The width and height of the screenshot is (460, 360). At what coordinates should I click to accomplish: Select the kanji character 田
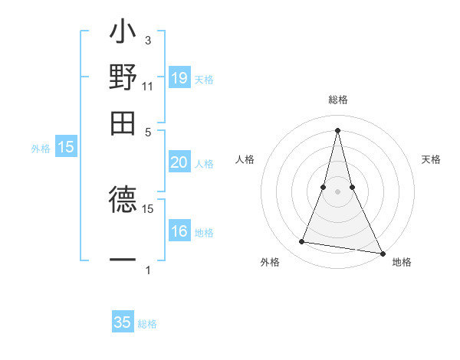click(123, 122)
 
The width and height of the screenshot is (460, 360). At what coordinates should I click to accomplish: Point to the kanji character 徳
click(123, 200)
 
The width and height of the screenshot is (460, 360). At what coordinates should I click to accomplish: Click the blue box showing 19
click(179, 77)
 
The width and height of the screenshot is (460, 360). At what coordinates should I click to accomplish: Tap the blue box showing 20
click(179, 162)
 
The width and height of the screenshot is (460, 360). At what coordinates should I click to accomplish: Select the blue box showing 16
click(179, 232)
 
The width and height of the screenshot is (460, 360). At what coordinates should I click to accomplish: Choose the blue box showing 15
click(66, 147)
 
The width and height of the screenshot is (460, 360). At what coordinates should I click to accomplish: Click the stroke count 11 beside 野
click(147, 87)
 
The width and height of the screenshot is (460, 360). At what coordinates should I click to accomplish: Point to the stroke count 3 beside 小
click(147, 40)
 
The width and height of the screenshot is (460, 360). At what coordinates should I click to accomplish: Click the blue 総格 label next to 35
click(147, 324)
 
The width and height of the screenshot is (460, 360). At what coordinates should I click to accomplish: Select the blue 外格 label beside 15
click(41, 149)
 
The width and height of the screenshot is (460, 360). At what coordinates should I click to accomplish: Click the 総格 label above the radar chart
click(337, 100)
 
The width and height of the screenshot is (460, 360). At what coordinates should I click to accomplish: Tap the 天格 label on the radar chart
click(431, 159)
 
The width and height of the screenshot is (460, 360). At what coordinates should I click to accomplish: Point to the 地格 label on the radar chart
click(402, 262)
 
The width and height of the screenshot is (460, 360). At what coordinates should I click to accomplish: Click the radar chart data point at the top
click(337, 129)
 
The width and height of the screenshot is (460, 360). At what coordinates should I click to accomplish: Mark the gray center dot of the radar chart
click(337, 191)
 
